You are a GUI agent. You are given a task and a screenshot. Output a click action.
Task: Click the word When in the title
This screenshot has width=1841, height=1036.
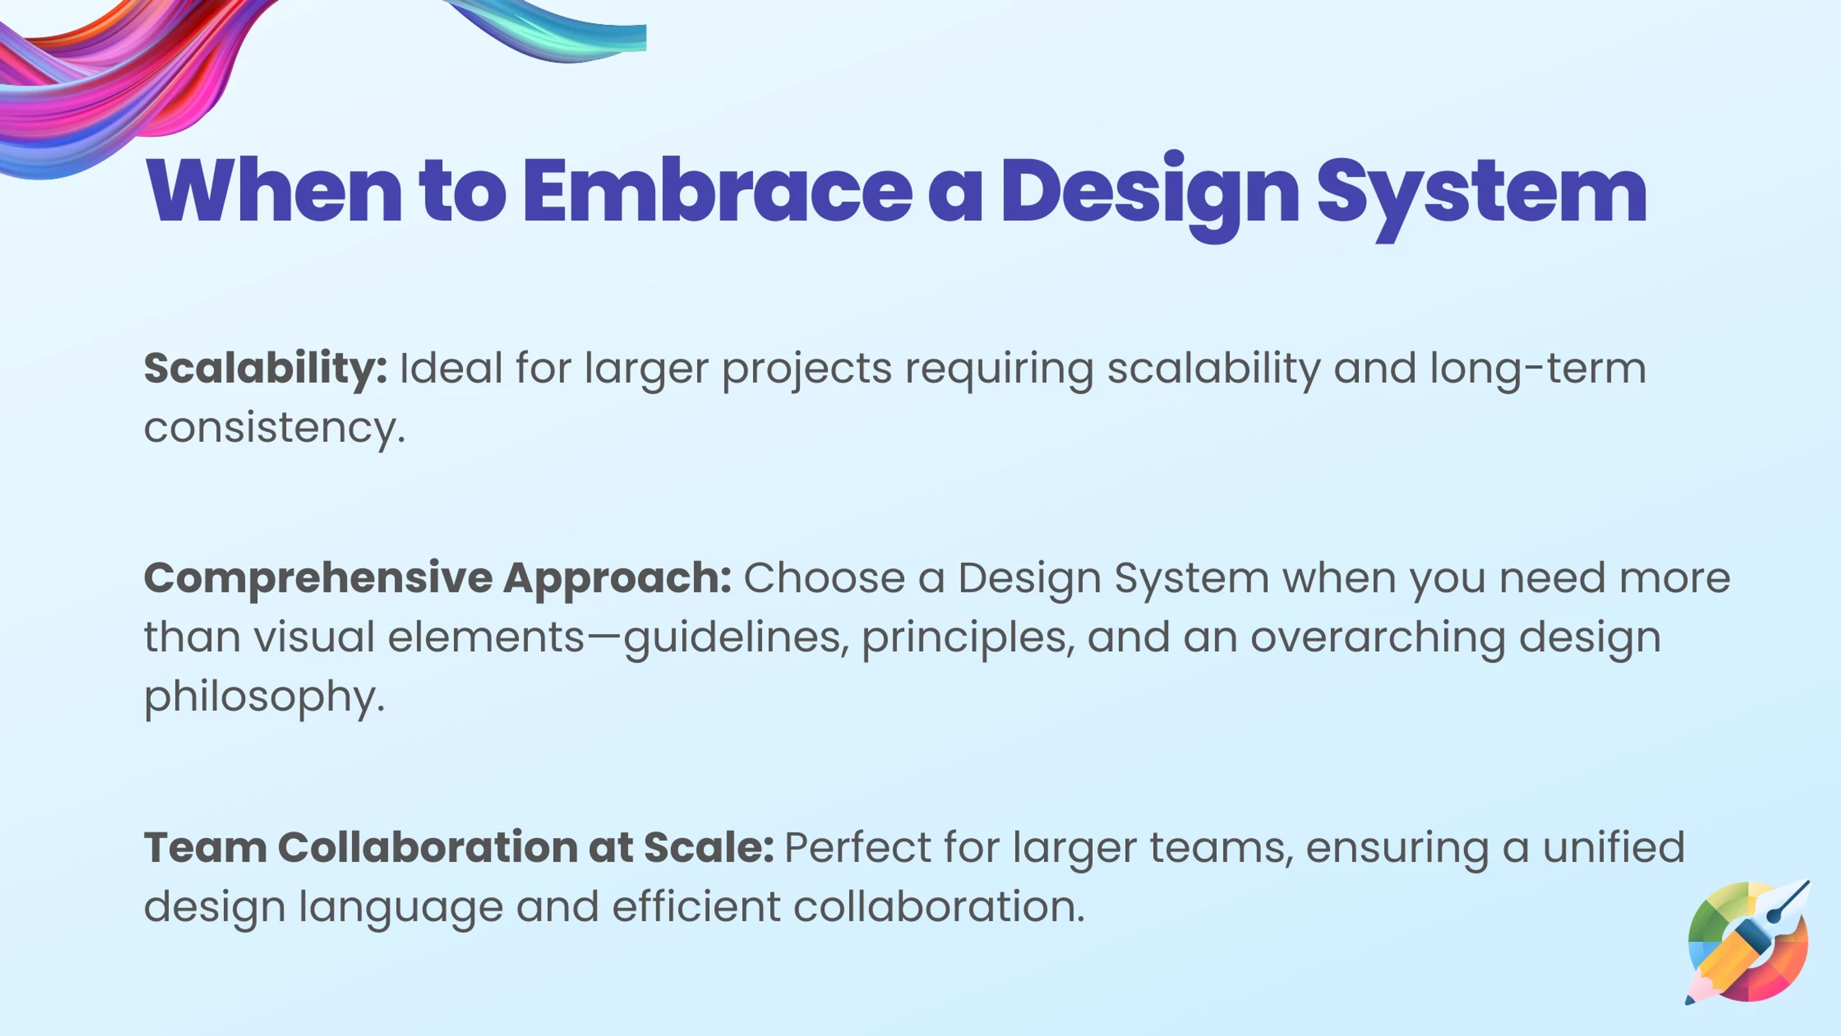pyautogui.click(x=274, y=190)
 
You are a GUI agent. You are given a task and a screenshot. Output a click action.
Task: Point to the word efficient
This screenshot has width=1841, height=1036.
pyautogui.click(x=696, y=906)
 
